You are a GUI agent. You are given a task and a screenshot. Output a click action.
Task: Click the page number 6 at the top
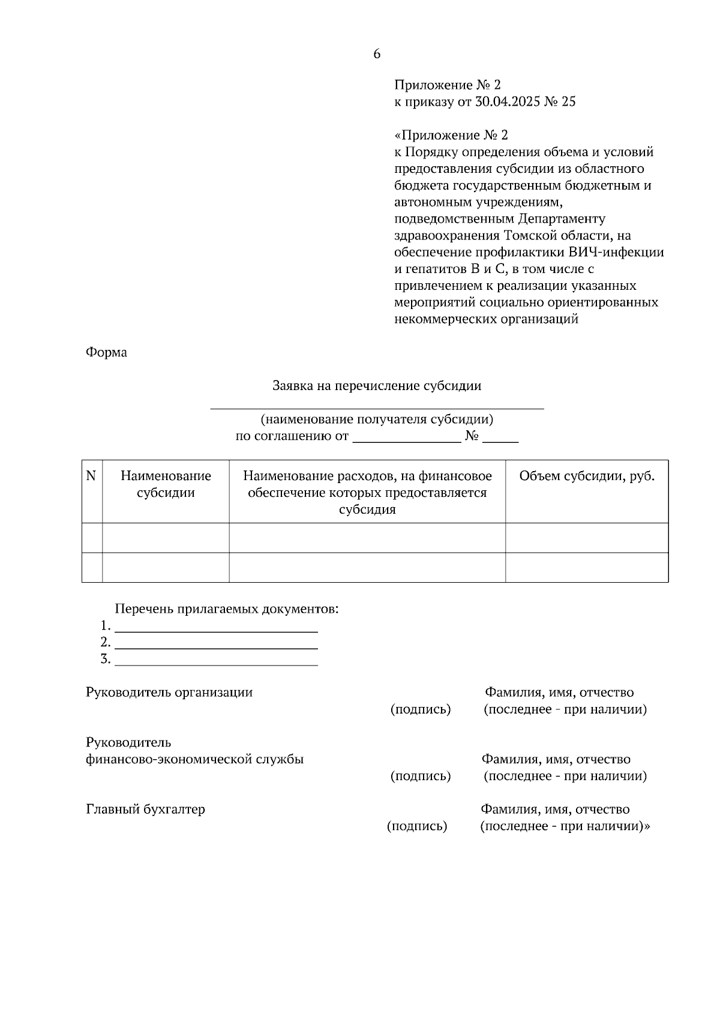(376, 54)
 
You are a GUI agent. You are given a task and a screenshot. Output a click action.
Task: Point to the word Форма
(106, 352)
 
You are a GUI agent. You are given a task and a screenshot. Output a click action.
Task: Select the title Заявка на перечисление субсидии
(377, 386)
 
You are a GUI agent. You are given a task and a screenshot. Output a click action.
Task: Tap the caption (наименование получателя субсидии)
(377, 419)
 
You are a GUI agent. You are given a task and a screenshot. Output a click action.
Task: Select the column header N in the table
(91, 476)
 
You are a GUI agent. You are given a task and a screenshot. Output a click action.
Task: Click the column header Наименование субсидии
(166, 484)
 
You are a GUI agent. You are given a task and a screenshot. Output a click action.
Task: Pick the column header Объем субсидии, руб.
(587, 476)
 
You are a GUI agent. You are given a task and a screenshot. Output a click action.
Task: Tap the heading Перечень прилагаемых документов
(227, 609)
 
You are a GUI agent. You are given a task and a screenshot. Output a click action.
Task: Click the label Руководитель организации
(169, 693)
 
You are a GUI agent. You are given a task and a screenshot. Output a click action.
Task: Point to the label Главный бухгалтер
(146, 809)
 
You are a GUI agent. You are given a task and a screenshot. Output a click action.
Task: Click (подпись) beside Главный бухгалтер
(417, 826)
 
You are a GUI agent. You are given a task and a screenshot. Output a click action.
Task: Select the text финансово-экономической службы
(195, 759)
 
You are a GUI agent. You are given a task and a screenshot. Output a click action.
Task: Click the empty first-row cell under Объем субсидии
(587, 537)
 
